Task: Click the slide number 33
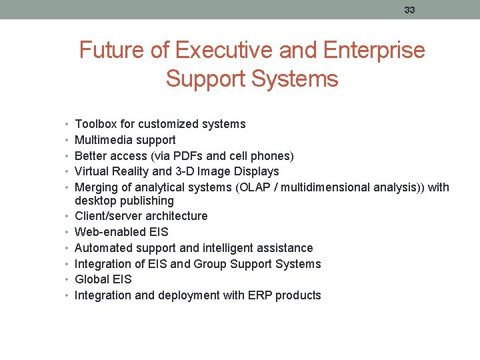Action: tap(409, 10)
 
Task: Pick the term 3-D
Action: tap(182, 171)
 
